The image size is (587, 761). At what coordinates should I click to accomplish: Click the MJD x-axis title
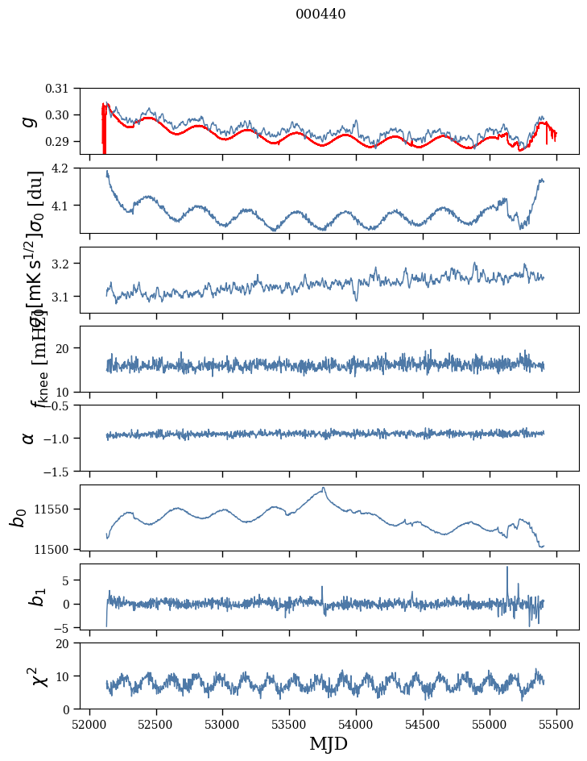click(x=329, y=743)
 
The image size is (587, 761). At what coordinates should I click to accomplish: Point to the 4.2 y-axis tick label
click(x=66, y=168)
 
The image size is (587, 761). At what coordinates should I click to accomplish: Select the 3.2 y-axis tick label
click(x=66, y=264)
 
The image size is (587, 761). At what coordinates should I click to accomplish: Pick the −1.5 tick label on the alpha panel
click(x=63, y=471)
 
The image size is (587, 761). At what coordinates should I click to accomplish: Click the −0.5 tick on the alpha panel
click(x=63, y=405)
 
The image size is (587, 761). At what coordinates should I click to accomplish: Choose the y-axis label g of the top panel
click(x=29, y=121)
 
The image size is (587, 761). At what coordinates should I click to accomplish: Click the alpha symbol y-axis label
click(x=29, y=438)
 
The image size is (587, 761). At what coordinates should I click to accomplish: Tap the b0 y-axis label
click(x=18, y=517)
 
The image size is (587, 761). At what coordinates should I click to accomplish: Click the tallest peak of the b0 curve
click(x=323, y=488)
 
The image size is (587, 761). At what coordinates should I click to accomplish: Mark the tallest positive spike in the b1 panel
click(x=507, y=567)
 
